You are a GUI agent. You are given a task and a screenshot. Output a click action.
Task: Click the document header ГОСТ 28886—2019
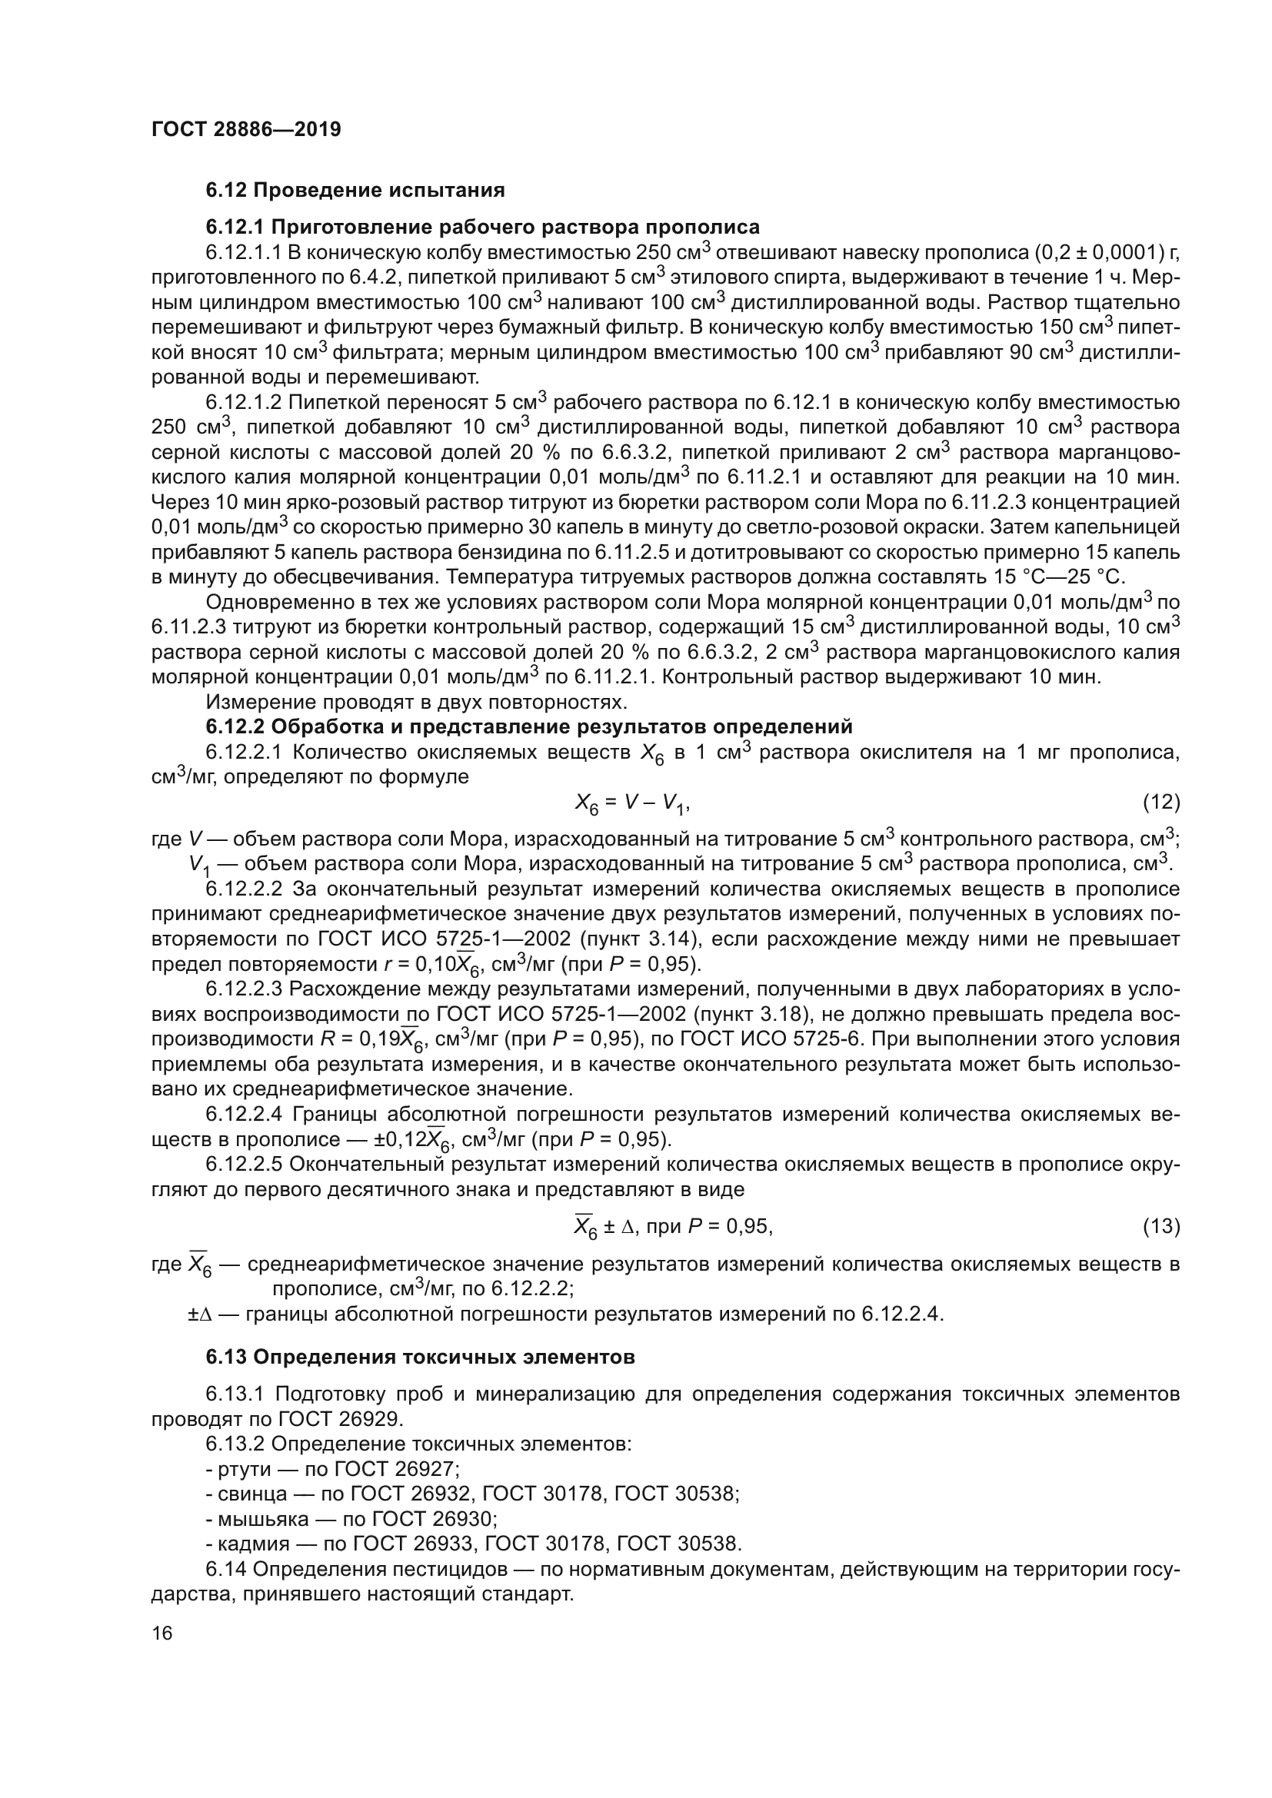tap(246, 129)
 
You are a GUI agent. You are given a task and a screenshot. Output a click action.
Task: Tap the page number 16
tap(162, 1633)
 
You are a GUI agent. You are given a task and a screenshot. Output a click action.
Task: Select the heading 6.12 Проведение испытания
tap(355, 191)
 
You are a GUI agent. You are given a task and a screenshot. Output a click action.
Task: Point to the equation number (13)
tap(1160, 1225)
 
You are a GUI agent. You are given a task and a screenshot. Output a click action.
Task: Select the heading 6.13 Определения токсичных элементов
tap(420, 1356)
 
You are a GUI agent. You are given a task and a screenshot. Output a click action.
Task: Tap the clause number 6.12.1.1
tap(243, 252)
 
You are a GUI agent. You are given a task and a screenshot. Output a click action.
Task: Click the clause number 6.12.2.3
tap(243, 989)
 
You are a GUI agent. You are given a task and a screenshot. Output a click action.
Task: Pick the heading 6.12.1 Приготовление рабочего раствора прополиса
tap(482, 227)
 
